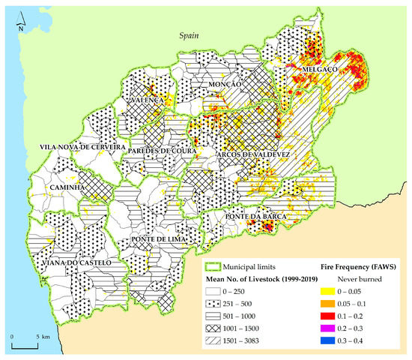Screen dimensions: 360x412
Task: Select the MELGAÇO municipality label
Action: (321, 68)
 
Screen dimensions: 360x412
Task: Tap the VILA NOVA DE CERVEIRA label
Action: (79, 147)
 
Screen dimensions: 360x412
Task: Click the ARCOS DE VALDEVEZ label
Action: (252, 154)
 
